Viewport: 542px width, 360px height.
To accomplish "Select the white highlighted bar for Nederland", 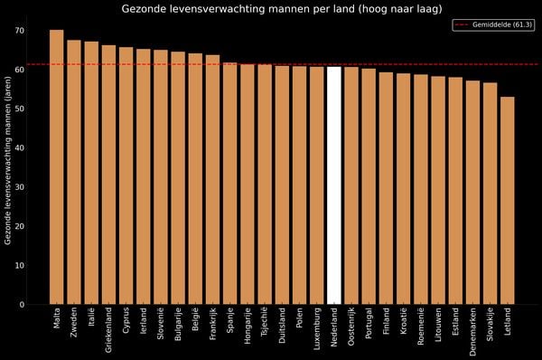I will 334,185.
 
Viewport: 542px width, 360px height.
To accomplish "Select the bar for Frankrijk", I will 213,180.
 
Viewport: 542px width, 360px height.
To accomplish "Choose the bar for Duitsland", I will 282,185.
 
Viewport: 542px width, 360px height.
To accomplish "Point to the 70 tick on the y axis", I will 19,31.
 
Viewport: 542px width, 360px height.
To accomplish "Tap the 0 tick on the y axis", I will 22,305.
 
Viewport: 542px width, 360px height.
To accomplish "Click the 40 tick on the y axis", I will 19,148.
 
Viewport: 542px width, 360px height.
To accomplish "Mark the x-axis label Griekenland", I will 109,329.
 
